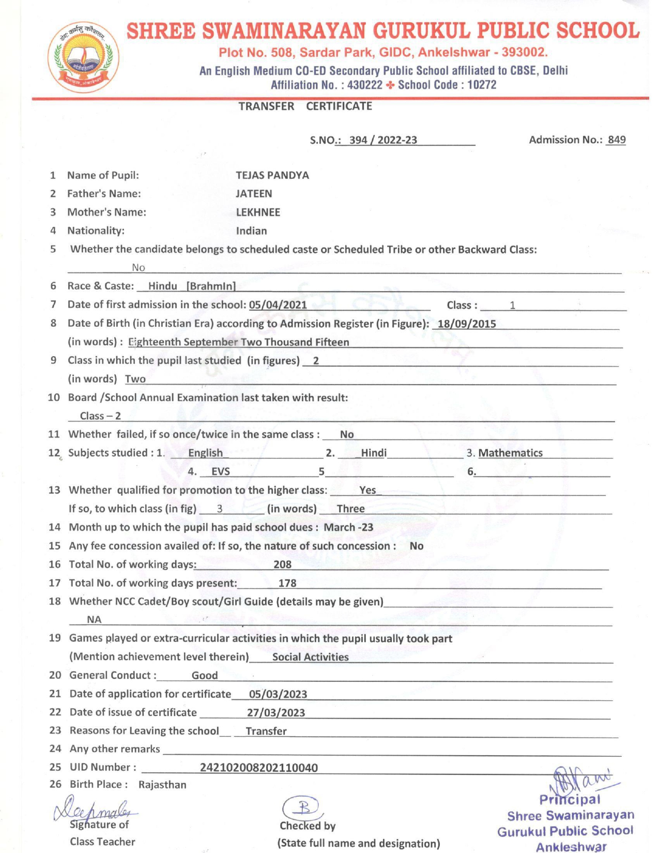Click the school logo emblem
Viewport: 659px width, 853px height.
[83, 57]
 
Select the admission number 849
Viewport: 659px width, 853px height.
[617, 140]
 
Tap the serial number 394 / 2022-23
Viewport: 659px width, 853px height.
[383, 140]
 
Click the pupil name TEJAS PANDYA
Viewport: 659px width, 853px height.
[272, 175]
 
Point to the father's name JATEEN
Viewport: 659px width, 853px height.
[254, 194]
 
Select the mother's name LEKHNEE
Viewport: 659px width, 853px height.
[258, 212]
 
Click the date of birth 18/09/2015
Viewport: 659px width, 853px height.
[467, 324]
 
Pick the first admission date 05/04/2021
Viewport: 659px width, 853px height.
[278, 305]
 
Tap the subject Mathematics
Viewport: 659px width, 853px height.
[511, 453]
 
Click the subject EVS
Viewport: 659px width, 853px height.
[221, 471]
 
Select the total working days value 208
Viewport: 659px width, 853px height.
[282, 565]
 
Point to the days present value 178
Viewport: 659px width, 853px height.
[287, 583]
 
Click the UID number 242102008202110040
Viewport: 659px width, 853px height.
[259, 768]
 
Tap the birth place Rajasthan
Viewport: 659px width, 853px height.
[162, 785]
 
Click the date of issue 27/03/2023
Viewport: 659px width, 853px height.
[276, 713]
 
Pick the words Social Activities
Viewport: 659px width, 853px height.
[311, 657]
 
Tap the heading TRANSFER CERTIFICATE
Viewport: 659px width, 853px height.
[305, 106]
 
